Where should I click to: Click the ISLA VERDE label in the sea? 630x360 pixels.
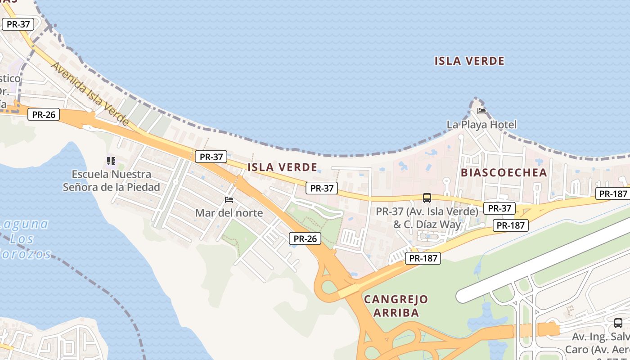[469, 61]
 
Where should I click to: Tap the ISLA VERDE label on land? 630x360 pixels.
[282, 167]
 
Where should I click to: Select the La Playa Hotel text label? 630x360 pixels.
[481, 125]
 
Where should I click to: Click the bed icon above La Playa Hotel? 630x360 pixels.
[481, 111]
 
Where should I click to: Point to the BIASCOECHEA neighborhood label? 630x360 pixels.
[504, 172]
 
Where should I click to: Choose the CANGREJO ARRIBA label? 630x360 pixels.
[396, 306]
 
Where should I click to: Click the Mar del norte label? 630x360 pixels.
[229, 213]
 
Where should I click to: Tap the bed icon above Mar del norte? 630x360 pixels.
[229, 199]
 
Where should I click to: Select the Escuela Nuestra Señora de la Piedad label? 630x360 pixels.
[111, 180]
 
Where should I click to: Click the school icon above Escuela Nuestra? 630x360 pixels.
[111, 161]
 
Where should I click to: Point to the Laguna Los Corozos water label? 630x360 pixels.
[25, 238]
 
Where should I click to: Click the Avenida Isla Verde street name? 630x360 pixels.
[90, 93]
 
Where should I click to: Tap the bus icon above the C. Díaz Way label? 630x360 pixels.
[427, 198]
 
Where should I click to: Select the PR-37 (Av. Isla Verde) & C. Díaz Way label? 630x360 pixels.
[427, 217]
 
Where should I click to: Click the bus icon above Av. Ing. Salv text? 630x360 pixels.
[618, 323]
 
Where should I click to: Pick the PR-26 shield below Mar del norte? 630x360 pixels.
[305, 238]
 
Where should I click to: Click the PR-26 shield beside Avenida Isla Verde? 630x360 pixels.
[44, 114]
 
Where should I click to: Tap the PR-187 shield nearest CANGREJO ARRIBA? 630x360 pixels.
[423, 258]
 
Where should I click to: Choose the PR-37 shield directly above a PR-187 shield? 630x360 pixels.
[499, 208]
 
